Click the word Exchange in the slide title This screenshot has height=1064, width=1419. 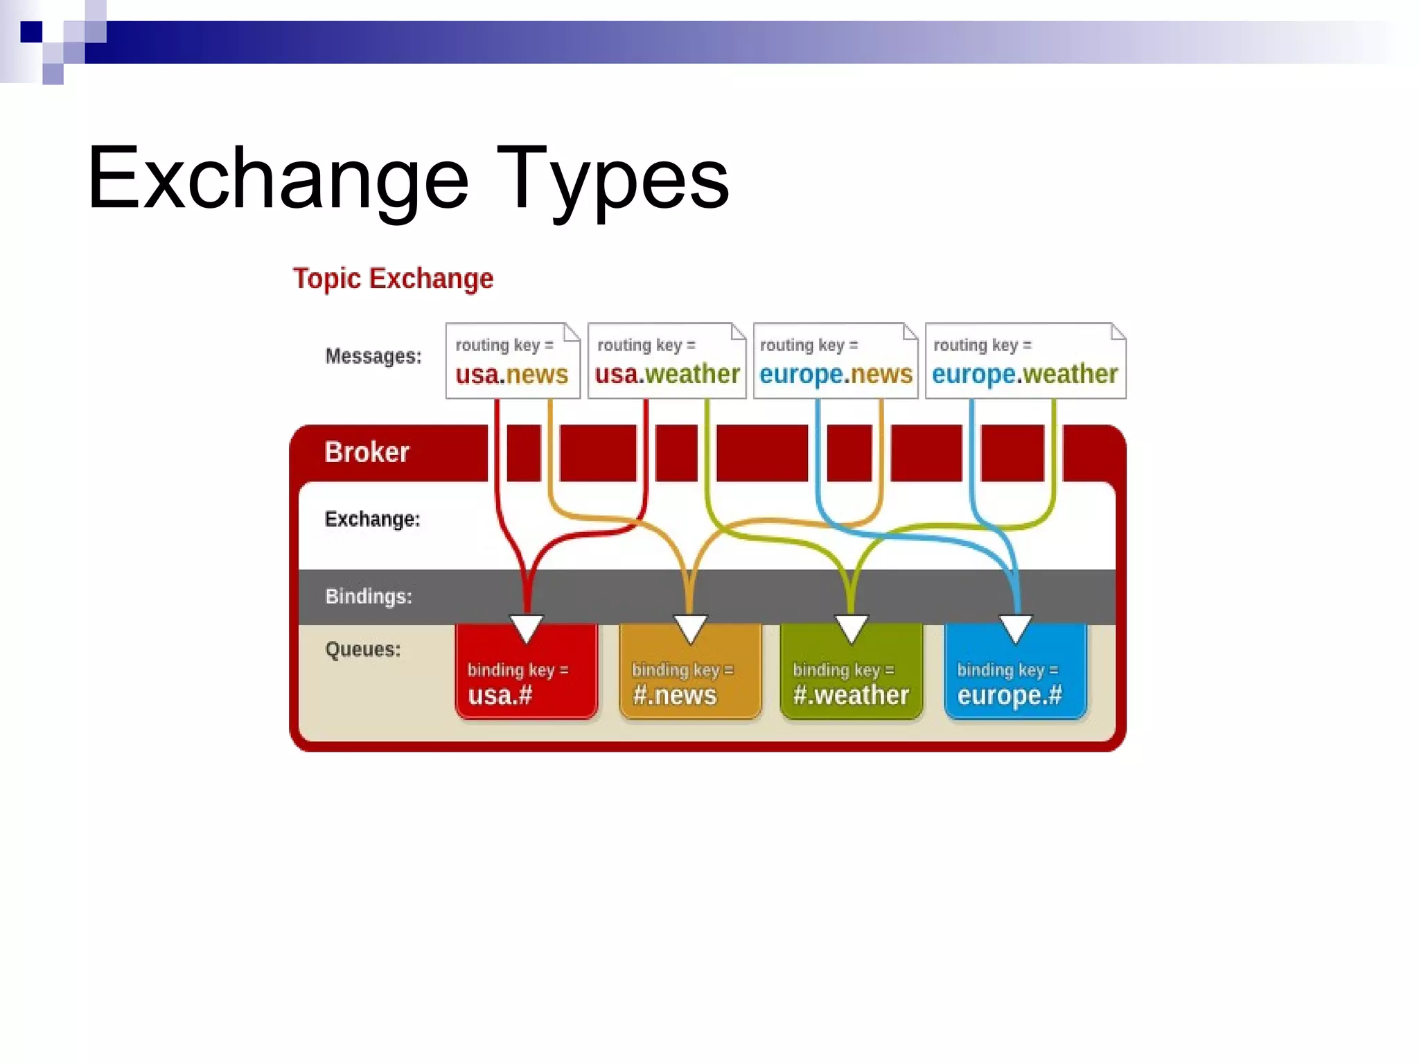tap(277, 179)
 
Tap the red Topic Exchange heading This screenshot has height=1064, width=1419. tap(393, 278)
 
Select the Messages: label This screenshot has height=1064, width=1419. tap(373, 356)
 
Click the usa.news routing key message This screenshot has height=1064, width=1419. tap(512, 361)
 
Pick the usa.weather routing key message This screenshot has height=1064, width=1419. tap(667, 361)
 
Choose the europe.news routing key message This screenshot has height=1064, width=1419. tap(836, 361)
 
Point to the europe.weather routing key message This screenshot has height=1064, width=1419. tap(1025, 361)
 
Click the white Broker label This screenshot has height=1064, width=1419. tap(367, 452)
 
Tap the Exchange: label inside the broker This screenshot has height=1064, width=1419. tap(372, 520)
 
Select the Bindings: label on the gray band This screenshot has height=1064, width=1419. tap(369, 596)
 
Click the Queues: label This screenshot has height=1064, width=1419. tap(362, 650)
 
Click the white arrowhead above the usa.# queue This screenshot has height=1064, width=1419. tap(527, 626)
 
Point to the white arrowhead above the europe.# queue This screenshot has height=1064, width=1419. tap(1016, 626)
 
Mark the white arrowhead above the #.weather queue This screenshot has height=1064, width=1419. tap(851, 626)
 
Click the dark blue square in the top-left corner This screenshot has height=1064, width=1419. tap(31, 32)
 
